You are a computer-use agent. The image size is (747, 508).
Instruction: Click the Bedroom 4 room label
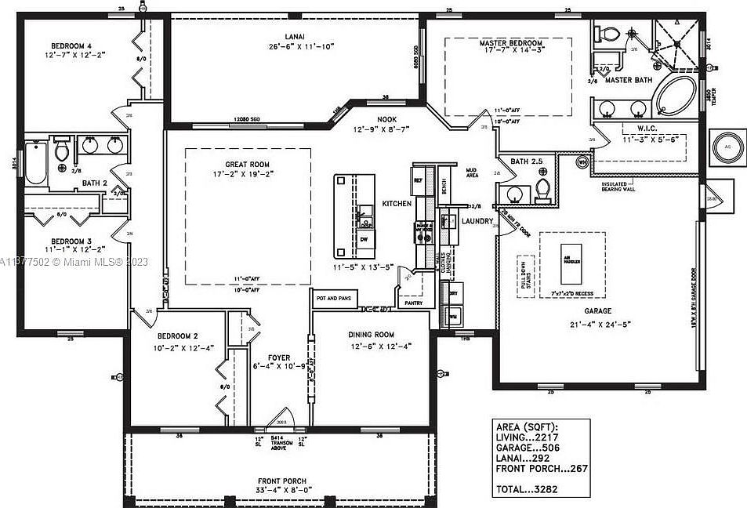(71, 45)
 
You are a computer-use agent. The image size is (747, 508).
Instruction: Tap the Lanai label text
(295, 36)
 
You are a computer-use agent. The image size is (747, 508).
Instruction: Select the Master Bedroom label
(510, 43)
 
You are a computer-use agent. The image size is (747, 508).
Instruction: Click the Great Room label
(247, 165)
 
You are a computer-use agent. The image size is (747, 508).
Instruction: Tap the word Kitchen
(397, 204)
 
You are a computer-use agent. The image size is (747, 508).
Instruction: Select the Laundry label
(477, 222)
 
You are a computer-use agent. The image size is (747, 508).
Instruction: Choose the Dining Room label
(372, 335)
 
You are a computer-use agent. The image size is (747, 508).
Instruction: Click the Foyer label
(279, 357)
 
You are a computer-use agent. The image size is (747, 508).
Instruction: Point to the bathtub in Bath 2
(36, 163)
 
